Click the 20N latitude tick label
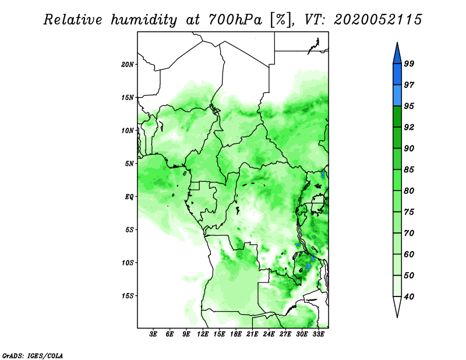pyautogui.click(x=128, y=65)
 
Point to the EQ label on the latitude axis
pyautogui.click(x=129, y=197)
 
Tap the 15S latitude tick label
pyautogui.click(x=128, y=296)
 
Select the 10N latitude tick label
pyautogui.click(x=128, y=130)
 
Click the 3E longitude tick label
pyautogui.click(x=153, y=334)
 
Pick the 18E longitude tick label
pyautogui.click(x=236, y=334)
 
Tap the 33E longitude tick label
pyautogui.click(x=318, y=334)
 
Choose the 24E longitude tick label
pyautogui.click(x=269, y=334)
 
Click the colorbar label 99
pyautogui.click(x=409, y=63)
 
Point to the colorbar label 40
pyautogui.click(x=409, y=297)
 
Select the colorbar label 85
pyautogui.click(x=409, y=170)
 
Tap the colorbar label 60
pyautogui.click(x=409, y=254)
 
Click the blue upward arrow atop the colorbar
pyautogui.click(x=397, y=54)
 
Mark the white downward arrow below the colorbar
pyautogui.click(x=397, y=306)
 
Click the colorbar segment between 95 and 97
pyautogui.click(x=397, y=96)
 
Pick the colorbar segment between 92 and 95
pyautogui.click(x=397, y=117)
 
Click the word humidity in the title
pyautogui.click(x=144, y=20)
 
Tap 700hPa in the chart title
pyautogui.click(x=235, y=20)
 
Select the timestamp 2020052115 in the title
pyautogui.click(x=377, y=20)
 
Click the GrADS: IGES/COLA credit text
pyautogui.click(x=33, y=356)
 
